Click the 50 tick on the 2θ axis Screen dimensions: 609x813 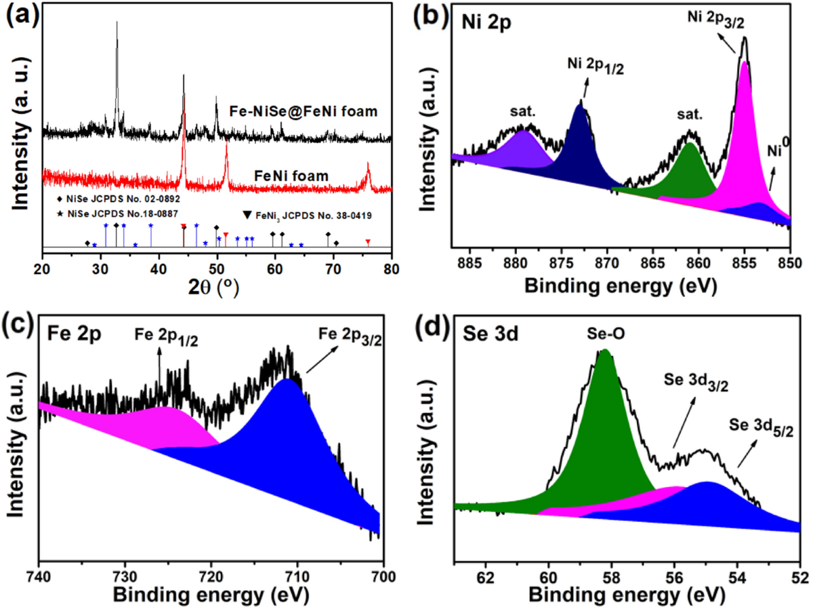tap(217, 269)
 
